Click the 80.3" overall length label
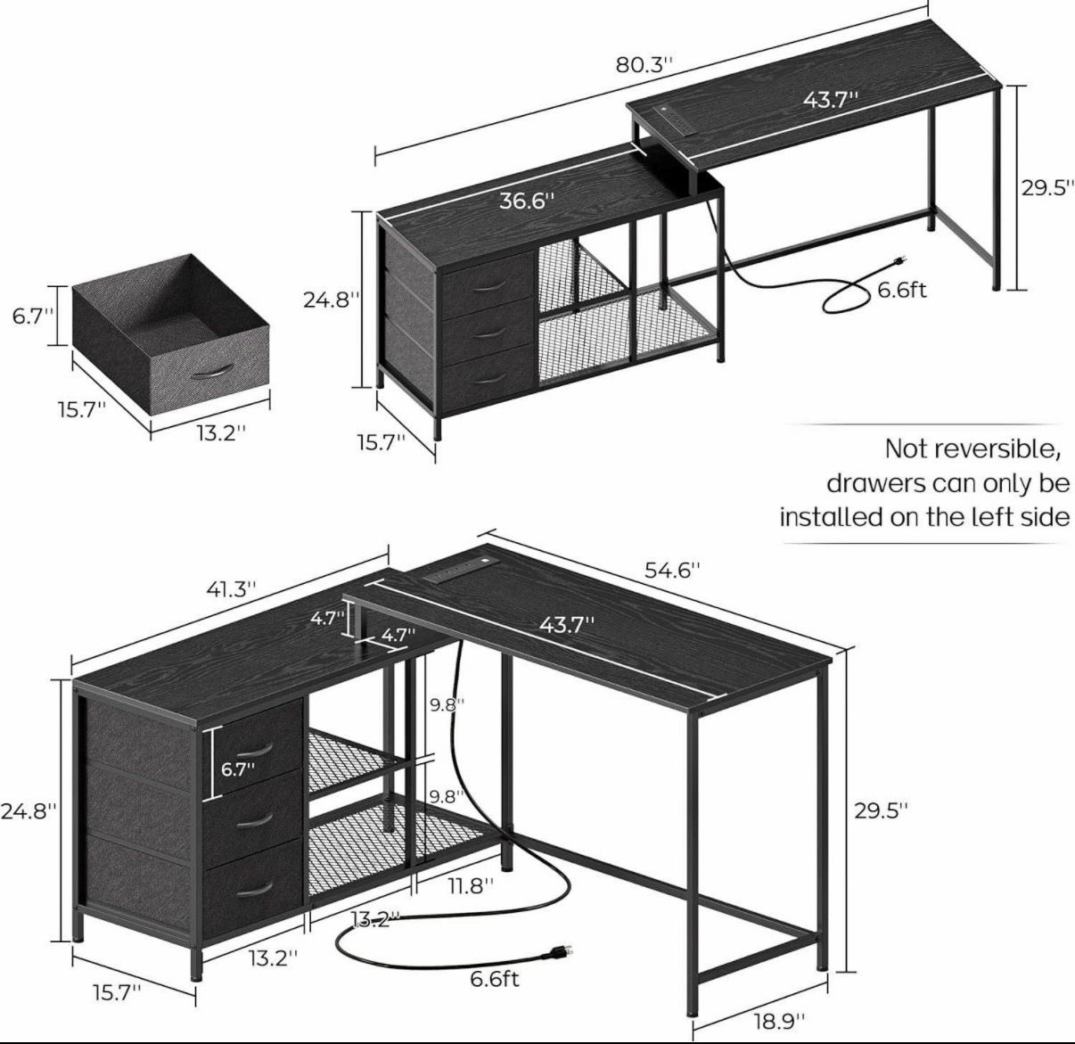(644, 65)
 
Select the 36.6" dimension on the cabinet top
(527, 201)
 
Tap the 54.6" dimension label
(672, 570)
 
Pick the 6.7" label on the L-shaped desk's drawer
(237, 769)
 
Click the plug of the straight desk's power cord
(900, 259)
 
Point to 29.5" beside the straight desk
(1046, 188)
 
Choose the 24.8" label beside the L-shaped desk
(28, 811)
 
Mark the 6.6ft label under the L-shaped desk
(495, 979)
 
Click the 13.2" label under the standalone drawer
(221, 433)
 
